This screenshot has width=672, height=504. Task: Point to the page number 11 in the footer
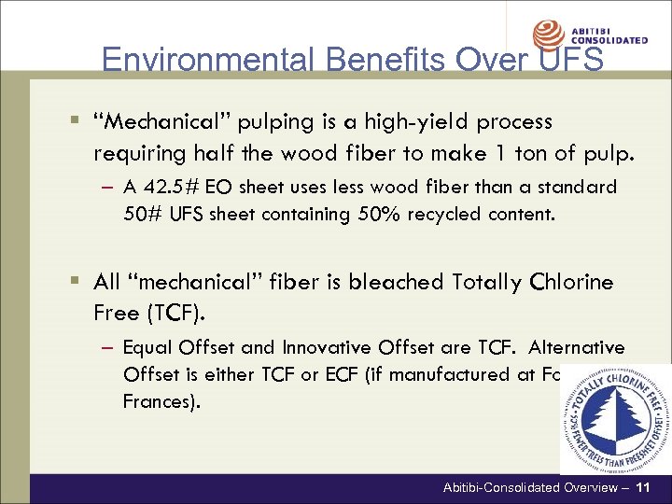tap(642, 488)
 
